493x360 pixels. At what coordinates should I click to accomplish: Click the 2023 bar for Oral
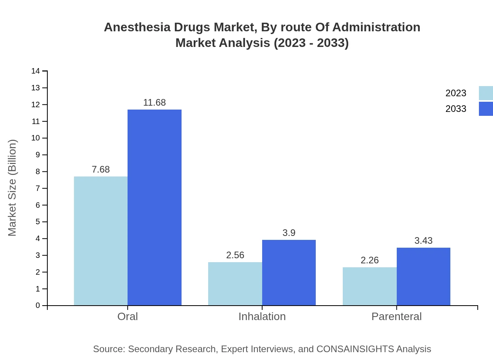click(101, 241)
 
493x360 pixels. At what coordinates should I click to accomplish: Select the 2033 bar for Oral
click(155, 207)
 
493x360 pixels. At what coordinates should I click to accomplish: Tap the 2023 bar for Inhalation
click(235, 284)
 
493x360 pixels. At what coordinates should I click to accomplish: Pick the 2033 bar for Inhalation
click(289, 272)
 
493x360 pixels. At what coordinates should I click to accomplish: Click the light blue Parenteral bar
click(370, 286)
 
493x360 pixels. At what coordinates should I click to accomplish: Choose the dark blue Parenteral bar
click(423, 276)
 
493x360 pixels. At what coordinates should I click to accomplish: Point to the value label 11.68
click(155, 103)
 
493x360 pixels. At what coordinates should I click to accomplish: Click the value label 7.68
click(101, 169)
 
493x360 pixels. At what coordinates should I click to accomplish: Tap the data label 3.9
click(289, 233)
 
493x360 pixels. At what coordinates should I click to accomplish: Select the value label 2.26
click(370, 260)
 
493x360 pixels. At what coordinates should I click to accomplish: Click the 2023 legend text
click(456, 93)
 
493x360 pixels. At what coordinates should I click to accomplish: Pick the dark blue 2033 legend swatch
click(486, 109)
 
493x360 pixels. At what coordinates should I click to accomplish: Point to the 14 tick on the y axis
click(36, 71)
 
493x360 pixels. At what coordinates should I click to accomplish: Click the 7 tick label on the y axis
click(38, 189)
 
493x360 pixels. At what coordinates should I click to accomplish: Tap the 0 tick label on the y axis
click(38, 306)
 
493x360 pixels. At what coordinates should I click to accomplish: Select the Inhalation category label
click(262, 317)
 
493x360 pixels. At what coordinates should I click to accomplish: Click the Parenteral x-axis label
click(396, 317)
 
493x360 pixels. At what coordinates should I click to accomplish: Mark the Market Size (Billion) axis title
click(13, 188)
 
